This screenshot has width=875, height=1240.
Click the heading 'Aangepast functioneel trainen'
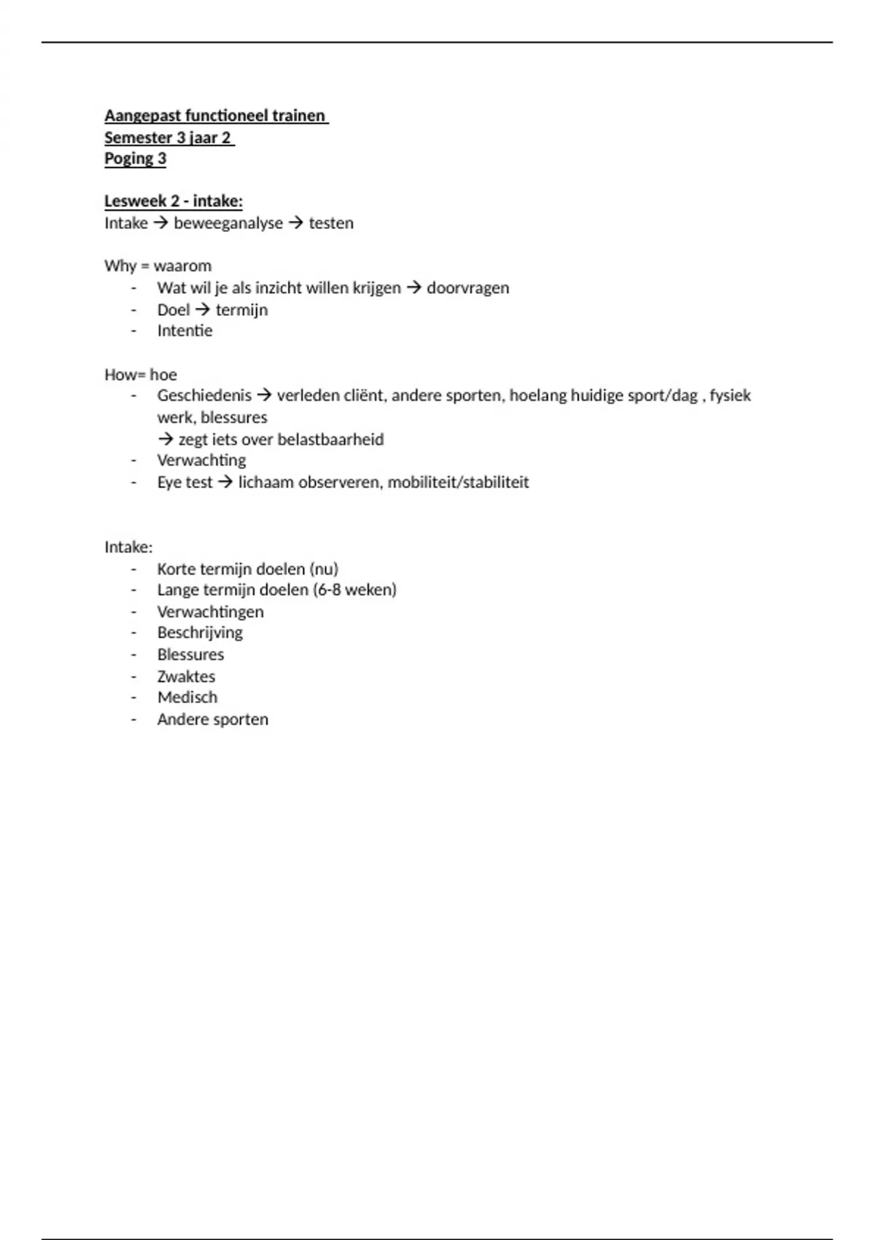pyautogui.click(x=215, y=116)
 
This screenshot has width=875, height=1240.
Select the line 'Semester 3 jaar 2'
pyautogui.click(x=168, y=138)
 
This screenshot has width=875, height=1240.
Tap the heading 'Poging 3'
pyautogui.click(x=135, y=159)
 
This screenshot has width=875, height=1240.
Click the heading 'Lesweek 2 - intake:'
pyautogui.click(x=174, y=201)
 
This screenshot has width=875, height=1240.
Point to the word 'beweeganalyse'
pyautogui.click(x=228, y=223)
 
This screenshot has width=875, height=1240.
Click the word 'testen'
pyautogui.click(x=331, y=223)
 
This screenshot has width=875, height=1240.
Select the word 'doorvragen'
pyautogui.click(x=468, y=288)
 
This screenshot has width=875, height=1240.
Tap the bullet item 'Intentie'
pyautogui.click(x=184, y=331)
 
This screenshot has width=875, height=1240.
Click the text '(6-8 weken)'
pyautogui.click(x=355, y=590)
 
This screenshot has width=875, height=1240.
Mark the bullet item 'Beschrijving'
pyautogui.click(x=200, y=633)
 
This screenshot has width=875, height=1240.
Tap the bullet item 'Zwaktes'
pyautogui.click(x=186, y=676)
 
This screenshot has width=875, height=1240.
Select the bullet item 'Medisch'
pyautogui.click(x=187, y=698)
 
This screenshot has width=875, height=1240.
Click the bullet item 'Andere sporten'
pyautogui.click(x=213, y=720)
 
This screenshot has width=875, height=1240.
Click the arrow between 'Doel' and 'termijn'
pyautogui.click(x=203, y=310)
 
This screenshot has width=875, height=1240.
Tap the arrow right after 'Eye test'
pyautogui.click(x=225, y=482)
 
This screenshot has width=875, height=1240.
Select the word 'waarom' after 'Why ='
pyautogui.click(x=183, y=266)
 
